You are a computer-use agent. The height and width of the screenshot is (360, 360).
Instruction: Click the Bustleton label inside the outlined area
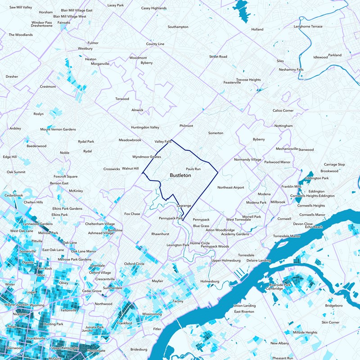(180, 175)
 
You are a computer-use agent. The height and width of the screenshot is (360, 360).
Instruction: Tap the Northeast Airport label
(230, 187)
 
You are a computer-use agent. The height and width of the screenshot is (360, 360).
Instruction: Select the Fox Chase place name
(132, 214)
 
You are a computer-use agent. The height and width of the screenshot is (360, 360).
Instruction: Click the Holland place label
(257, 29)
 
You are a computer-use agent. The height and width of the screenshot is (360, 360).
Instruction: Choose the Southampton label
(178, 27)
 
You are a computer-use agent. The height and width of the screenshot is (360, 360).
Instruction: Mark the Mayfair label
(157, 281)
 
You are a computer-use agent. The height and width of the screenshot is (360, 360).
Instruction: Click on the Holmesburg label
(209, 281)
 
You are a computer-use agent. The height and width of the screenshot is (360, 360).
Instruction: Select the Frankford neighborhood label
(124, 323)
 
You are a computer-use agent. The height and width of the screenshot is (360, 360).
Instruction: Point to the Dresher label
(12, 76)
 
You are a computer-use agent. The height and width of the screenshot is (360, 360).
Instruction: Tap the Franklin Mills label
(292, 186)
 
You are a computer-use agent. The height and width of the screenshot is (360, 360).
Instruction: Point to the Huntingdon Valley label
(145, 127)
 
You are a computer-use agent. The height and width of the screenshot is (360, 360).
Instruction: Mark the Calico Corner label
(283, 111)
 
